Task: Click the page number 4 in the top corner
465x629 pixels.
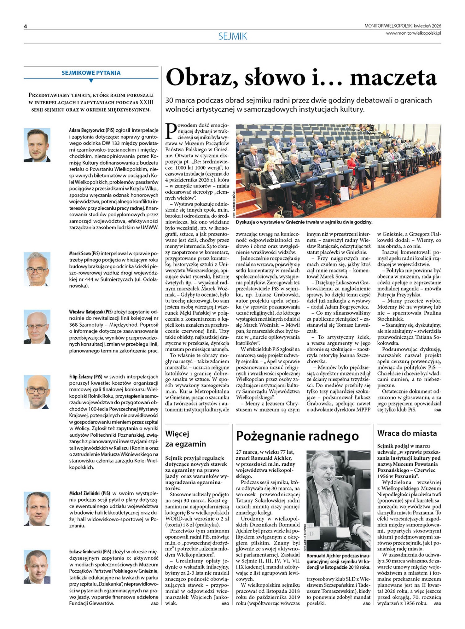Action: [x=26, y=27]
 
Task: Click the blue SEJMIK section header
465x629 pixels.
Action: [x=232, y=36]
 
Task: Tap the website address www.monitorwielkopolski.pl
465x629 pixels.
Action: [x=413, y=33]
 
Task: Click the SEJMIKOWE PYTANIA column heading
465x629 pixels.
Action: [x=91, y=73]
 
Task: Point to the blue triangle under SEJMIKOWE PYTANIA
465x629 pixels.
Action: [x=91, y=81]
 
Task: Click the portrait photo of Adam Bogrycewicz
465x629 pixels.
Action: [x=37, y=145]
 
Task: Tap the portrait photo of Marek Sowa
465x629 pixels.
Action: [x=37, y=269]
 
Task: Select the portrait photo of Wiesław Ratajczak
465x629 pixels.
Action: [x=37, y=327]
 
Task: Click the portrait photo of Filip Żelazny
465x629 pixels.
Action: [x=37, y=392]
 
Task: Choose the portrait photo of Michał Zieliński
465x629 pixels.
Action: [x=37, y=508]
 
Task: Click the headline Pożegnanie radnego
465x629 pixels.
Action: [x=297, y=436]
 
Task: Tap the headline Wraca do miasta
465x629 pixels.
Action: [x=407, y=433]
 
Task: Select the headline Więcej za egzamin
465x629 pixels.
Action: [x=185, y=439]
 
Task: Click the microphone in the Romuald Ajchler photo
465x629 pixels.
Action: [x=328, y=480]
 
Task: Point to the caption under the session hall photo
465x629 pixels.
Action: [x=304, y=222]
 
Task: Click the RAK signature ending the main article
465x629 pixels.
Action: [x=437, y=410]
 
